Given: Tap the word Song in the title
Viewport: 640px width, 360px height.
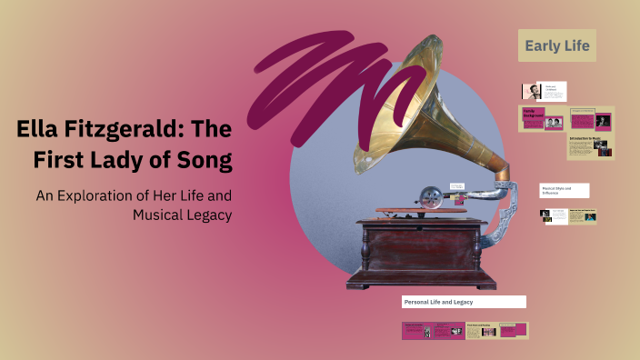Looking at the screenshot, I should pyautogui.click(x=206, y=160).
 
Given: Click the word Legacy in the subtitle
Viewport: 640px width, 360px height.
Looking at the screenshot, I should pyautogui.click(x=205, y=215).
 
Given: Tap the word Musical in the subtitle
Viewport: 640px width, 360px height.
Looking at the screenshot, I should pyautogui.click(x=158, y=215).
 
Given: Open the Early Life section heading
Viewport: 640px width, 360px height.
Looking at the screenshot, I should pyautogui.click(x=557, y=45).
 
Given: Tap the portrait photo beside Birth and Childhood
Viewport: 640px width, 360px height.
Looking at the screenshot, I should pyautogui.click(x=532, y=91).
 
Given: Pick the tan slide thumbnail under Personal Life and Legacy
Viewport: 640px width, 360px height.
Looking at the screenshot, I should pyautogui.click(x=497, y=330).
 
